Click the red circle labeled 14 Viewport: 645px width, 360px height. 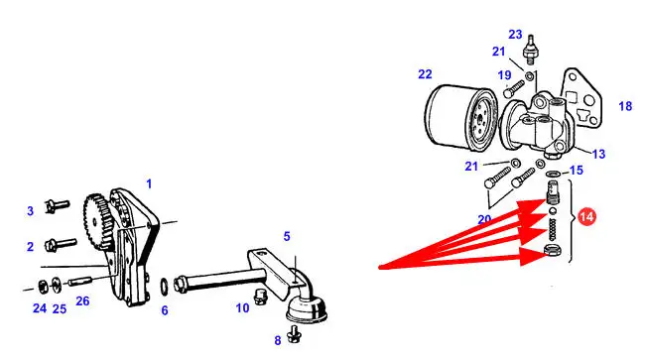[586, 216]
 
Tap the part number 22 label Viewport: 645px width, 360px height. [425, 74]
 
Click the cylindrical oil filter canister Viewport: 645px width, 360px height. [459, 119]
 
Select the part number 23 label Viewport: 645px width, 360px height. [515, 35]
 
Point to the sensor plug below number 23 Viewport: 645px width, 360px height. [530, 50]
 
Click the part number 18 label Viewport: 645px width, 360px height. [625, 106]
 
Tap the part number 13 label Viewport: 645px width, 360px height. [599, 154]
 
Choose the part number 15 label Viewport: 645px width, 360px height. [577, 171]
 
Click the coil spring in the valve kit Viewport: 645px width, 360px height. [553, 229]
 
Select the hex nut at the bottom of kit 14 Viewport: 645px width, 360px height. [551, 249]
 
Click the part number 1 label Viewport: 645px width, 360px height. [149, 183]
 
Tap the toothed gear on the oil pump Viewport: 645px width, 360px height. [96, 221]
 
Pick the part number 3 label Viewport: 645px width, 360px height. [30, 211]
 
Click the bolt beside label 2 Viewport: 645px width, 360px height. [61, 244]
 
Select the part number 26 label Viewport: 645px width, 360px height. [82, 301]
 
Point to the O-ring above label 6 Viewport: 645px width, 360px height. [164, 287]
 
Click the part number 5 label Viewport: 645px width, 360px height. [287, 236]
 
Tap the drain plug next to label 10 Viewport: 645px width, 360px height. [259, 297]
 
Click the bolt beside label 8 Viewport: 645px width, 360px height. [295, 334]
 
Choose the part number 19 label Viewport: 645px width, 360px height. [504, 75]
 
